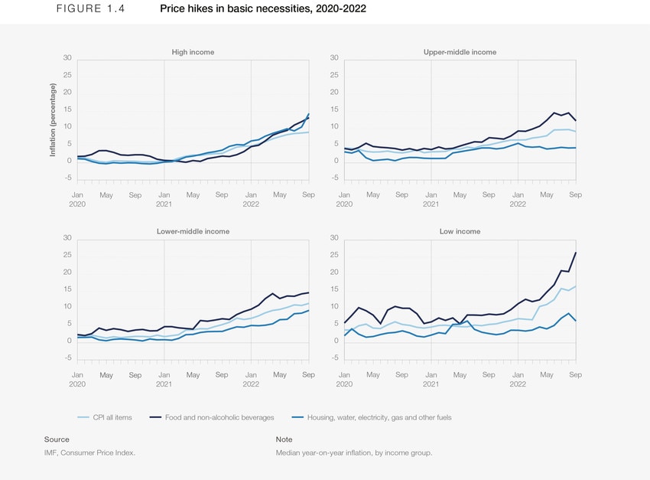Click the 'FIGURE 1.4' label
(x=80, y=9)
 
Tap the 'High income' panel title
(x=193, y=52)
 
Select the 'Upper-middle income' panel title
(x=460, y=52)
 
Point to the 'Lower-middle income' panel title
(x=193, y=231)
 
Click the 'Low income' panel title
(x=460, y=231)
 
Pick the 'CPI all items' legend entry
(x=106, y=417)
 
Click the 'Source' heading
(x=57, y=439)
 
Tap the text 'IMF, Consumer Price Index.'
(x=90, y=453)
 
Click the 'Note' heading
(x=284, y=439)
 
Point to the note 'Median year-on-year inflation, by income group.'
(x=354, y=453)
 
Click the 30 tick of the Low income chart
(x=333, y=237)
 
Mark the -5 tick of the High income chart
(x=67, y=178)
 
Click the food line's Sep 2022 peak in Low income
(x=576, y=253)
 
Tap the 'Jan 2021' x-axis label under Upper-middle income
(x=431, y=200)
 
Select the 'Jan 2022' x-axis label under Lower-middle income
(x=250, y=380)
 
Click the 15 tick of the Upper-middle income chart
(x=333, y=109)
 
